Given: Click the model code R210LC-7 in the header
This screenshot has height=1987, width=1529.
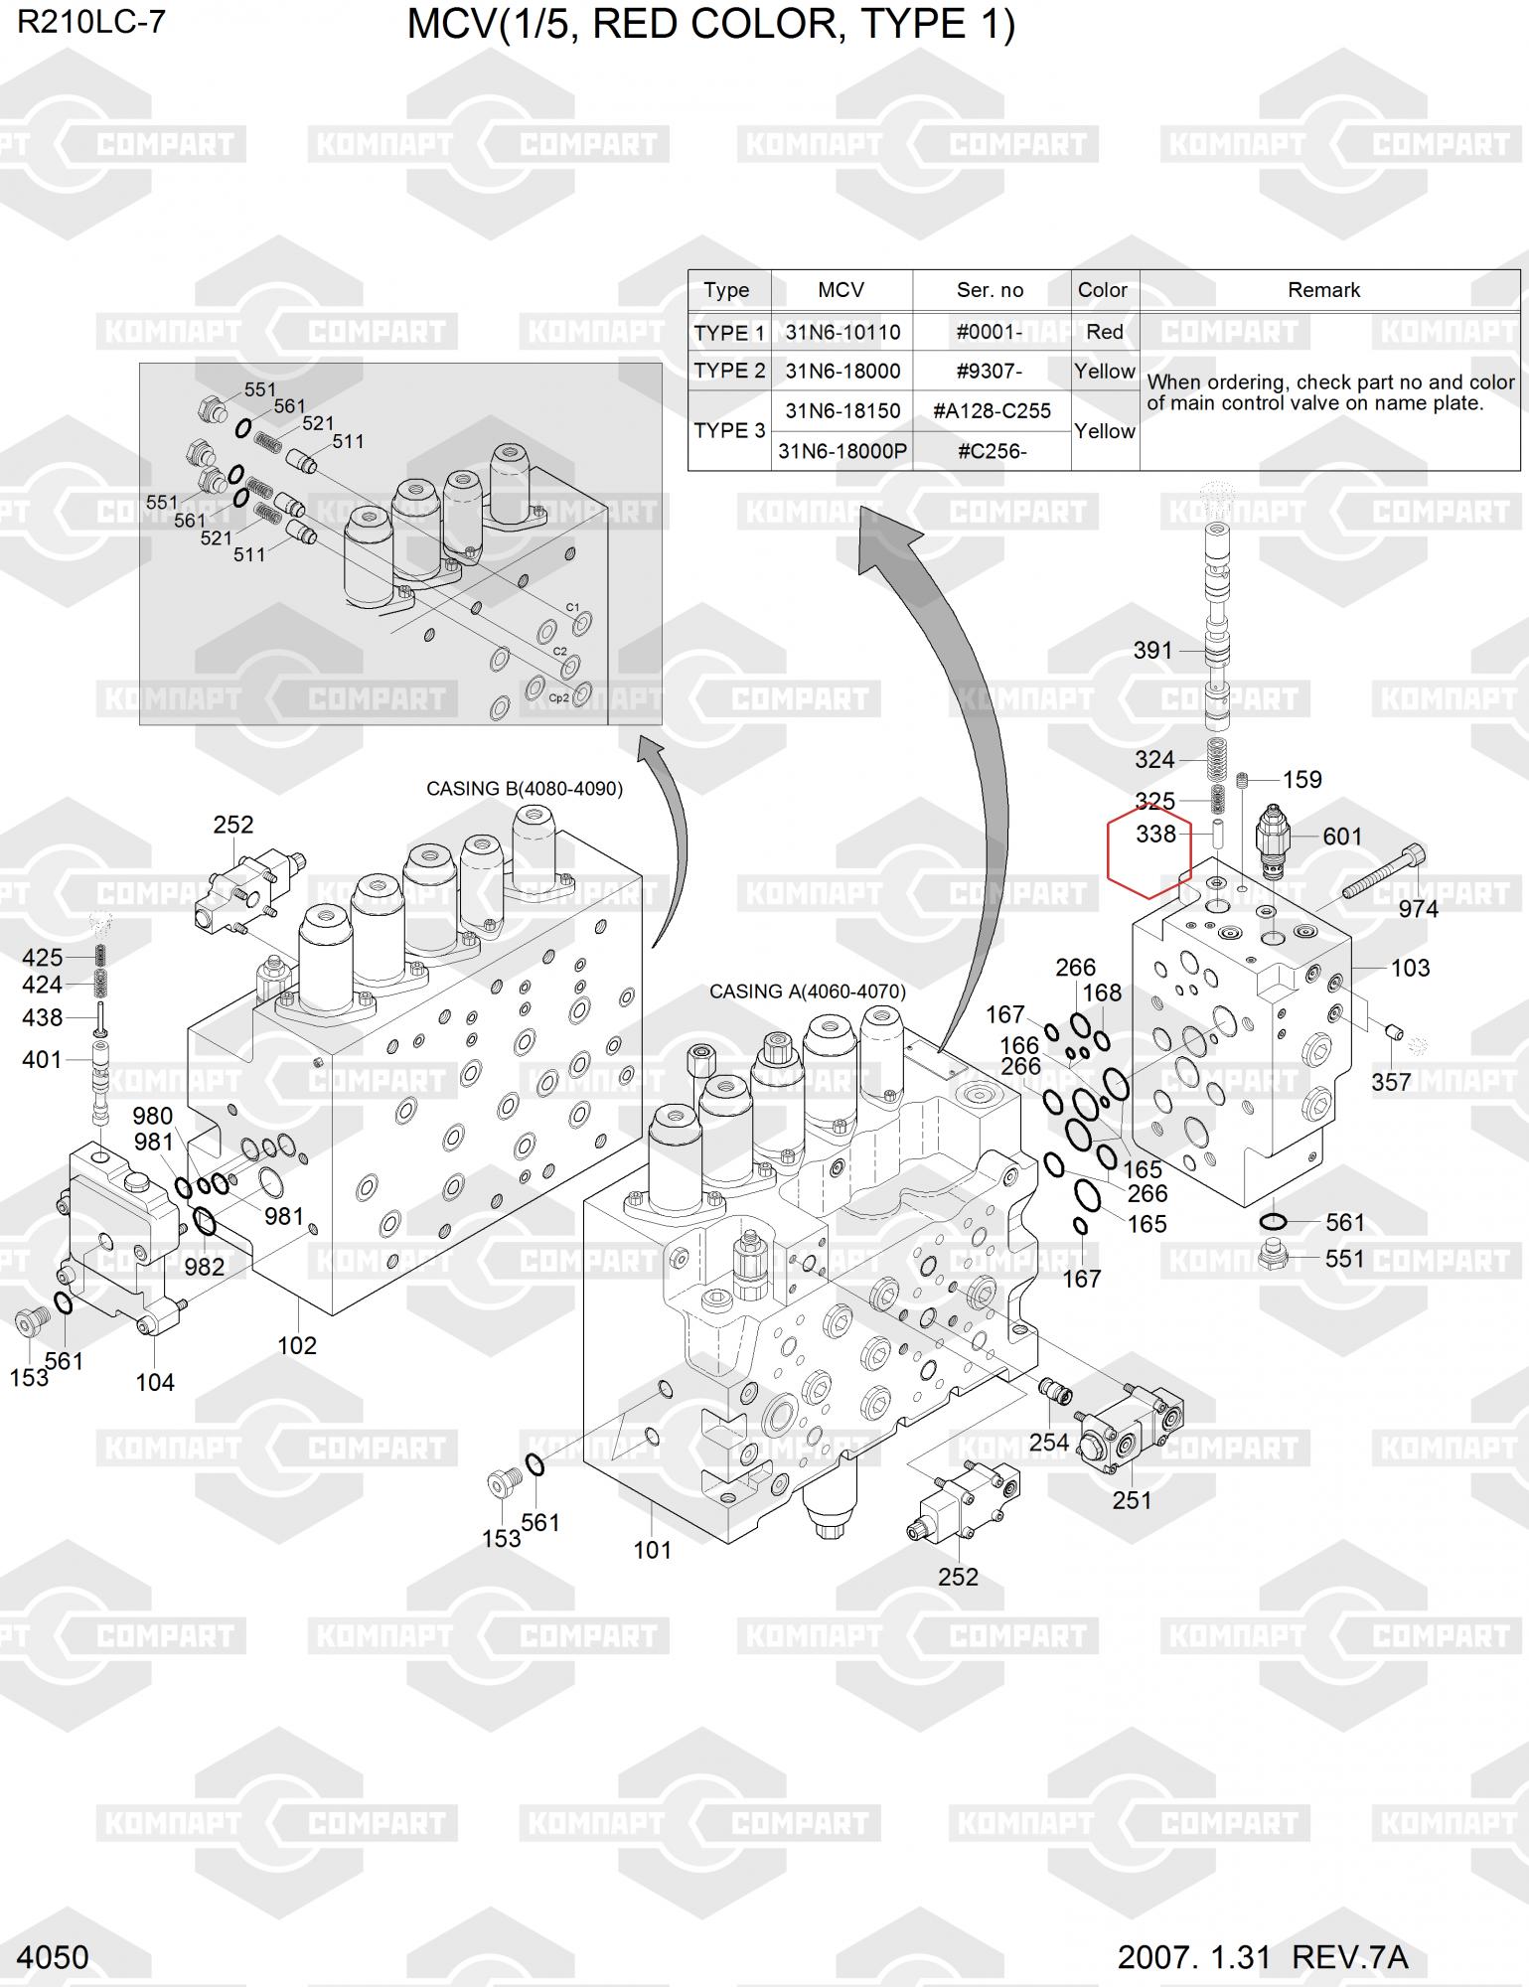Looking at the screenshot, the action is [x=90, y=23].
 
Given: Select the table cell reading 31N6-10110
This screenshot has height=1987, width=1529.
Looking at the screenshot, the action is [x=842, y=332].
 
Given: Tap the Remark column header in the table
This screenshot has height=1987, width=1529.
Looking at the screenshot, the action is [x=1323, y=290].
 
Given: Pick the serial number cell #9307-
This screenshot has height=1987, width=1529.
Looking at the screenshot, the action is [x=990, y=372].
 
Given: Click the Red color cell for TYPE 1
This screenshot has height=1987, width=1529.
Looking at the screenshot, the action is [x=1105, y=332].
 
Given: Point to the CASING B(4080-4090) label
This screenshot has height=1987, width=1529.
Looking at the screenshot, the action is [x=525, y=789].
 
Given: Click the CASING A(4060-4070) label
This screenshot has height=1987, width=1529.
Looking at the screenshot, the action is [x=808, y=992].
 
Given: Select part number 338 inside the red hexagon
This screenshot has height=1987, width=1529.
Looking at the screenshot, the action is [x=1155, y=835].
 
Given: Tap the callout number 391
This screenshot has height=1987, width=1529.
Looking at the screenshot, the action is [x=1153, y=651].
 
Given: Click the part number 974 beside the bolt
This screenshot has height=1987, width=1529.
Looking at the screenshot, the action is [x=1418, y=909].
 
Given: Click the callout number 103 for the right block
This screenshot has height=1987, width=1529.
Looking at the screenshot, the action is [x=1410, y=968].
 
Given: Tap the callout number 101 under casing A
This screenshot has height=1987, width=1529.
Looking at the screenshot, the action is [x=653, y=1550].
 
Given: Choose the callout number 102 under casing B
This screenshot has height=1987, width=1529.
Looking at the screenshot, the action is [x=297, y=1345].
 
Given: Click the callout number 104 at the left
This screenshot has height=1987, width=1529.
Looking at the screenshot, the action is [x=155, y=1382].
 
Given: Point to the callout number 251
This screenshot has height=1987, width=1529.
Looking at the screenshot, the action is [x=1132, y=1500].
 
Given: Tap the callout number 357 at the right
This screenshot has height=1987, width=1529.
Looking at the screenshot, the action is [x=1391, y=1082].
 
